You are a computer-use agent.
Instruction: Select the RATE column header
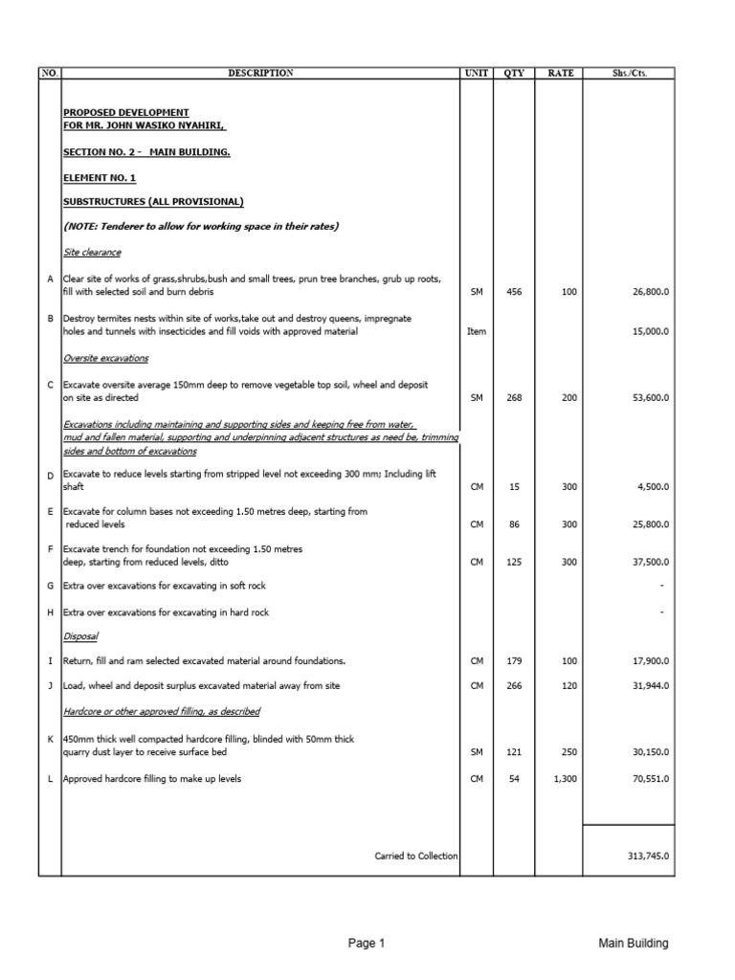point(562,74)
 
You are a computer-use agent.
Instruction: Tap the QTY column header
point(514,74)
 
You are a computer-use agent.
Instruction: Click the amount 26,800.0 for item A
point(648,292)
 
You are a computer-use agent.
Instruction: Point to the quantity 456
point(514,292)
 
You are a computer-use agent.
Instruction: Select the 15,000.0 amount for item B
point(648,331)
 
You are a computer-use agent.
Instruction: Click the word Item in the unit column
point(476,331)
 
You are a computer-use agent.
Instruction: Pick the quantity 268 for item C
point(514,397)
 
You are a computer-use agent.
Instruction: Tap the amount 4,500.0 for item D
point(651,487)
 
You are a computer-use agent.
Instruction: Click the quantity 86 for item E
point(514,524)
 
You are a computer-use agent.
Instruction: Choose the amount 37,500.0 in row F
point(648,562)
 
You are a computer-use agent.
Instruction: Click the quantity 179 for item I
point(514,661)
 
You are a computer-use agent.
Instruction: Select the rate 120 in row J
point(570,686)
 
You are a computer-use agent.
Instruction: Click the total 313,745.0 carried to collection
point(645,856)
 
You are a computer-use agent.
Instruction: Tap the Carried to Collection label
point(416,856)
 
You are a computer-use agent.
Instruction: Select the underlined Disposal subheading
point(80,636)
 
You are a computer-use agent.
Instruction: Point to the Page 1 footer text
point(367,944)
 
